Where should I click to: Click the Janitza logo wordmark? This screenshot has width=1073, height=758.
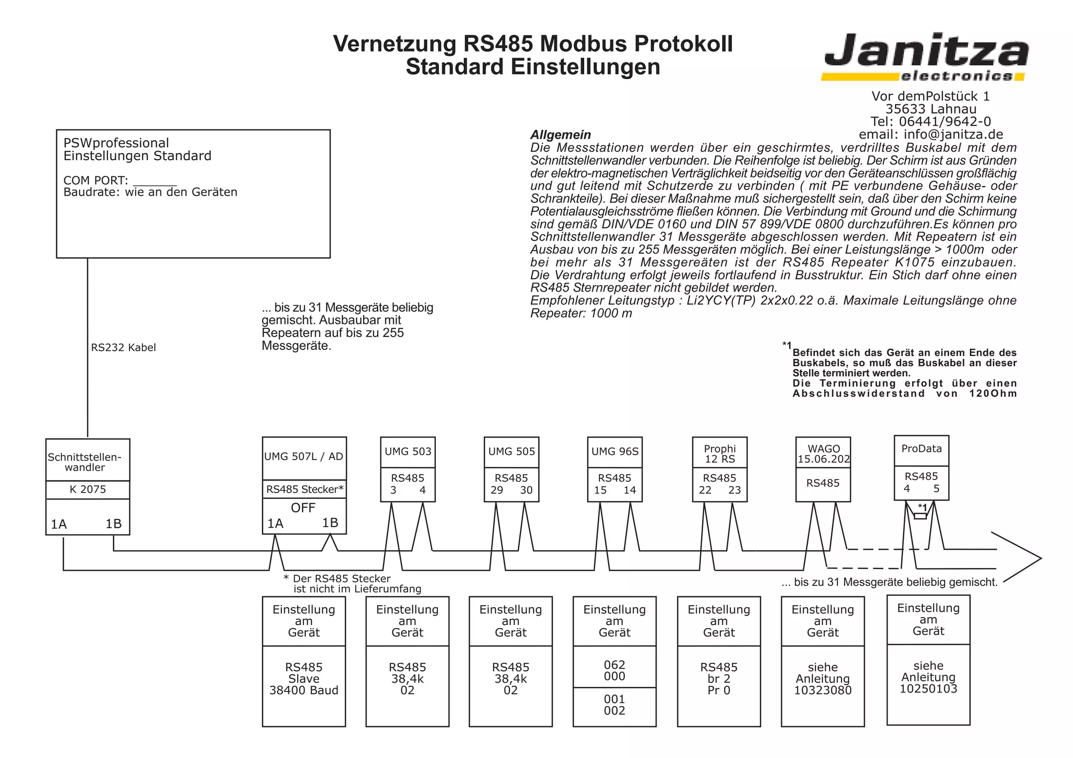(x=925, y=51)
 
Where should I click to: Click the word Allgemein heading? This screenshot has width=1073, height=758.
(x=561, y=135)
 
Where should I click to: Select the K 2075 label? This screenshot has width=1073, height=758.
(x=87, y=489)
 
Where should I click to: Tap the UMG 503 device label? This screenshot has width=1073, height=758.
(x=408, y=451)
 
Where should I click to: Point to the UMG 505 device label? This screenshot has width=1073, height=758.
(x=511, y=451)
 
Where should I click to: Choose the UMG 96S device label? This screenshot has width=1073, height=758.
(x=615, y=451)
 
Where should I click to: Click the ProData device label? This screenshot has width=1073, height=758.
(x=921, y=449)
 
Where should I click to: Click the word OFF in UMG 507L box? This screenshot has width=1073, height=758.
(x=303, y=508)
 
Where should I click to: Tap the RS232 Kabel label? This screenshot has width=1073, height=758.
(x=123, y=348)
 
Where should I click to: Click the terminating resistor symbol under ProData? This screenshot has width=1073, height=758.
(x=920, y=516)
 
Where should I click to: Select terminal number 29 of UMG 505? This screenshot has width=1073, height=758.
(x=497, y=491)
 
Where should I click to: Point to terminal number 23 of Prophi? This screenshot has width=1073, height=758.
(x=735, y=491)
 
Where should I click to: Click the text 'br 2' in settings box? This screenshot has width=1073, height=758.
(x=719, y=679)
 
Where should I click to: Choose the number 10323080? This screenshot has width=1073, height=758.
(x=823, y=690)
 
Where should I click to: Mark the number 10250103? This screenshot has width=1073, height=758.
(x=928, y=689)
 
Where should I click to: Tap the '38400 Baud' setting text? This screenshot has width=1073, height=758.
(x=304, y=690)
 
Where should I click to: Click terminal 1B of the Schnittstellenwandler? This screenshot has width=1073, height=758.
(x=113, y=524)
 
